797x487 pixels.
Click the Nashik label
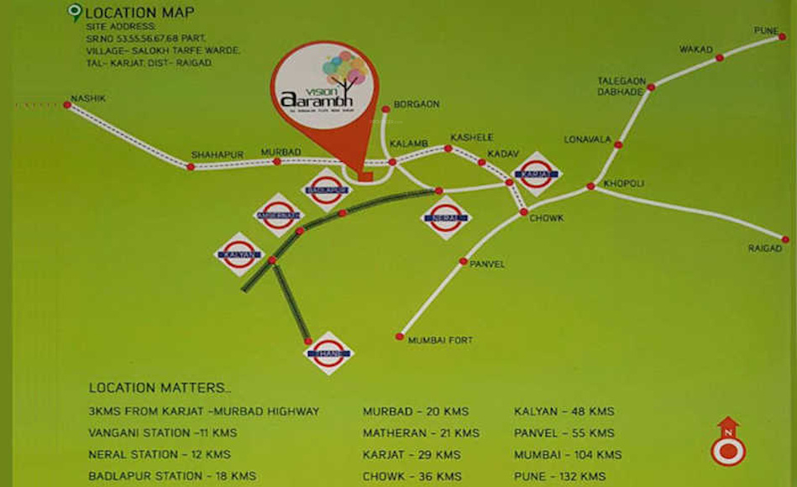(87, 98)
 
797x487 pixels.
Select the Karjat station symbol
(537, 174)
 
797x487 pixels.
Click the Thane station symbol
(328, 353)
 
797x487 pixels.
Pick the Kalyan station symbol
(239, 254)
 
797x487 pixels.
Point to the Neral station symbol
(445, 217)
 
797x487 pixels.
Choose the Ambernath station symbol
(278, 215)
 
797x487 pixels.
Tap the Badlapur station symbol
(327, 190)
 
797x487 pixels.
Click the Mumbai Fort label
(440, 340)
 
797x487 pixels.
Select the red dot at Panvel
(463, 261)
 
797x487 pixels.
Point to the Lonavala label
(587, 139)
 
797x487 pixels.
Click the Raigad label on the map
(765, 249)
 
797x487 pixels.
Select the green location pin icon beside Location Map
(75, 12)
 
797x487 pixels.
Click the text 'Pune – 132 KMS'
(559, 476)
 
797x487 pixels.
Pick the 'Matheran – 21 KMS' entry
(421, 433)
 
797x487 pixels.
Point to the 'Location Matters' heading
(159, 388)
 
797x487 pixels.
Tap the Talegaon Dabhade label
(621, 86)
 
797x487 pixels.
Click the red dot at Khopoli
(590, 186)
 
